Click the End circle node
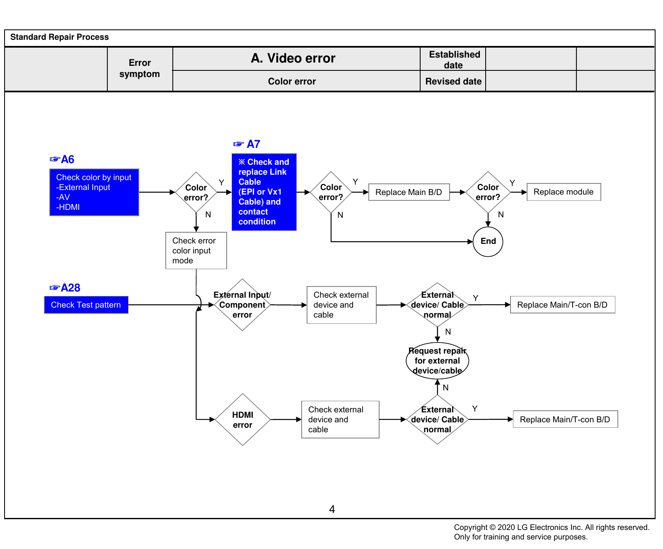pyautogui.click(x=488, y=241)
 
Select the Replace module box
pyautogui.click(x=564, y=192)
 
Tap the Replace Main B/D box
pyautogui.click(x=409, y=192)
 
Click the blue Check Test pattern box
pyautogui.click(x=86, y=305)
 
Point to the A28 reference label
pyautogui.click(x=65, y=288)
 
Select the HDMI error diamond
pyautogui.click(x=242, y=419)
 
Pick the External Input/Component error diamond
pyautogui.click(x=242, y=305)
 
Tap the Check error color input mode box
pyautogui.click(x=196, y=250)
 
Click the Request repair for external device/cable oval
pyautogui.click(x=437, y=361)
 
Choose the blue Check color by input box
pyautogui.click(x=94, y=192)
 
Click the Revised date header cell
pyautogui.click(x=453, y=81)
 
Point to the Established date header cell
pyautogui.click(x=453, y=60)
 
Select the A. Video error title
pyautogui.click(x=293, y=58)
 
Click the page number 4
pyautogui.click(x=332, y=509)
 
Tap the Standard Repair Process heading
pyautogui.click(x=59, y=37)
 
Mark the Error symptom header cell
pyautogui.click(x=140, y=69)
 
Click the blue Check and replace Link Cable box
pyautogui.click(x=264, y=192)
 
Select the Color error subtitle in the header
pyautogui.click(x=292, y=81)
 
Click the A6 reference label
pyautogui.click(x=62, y=159)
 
